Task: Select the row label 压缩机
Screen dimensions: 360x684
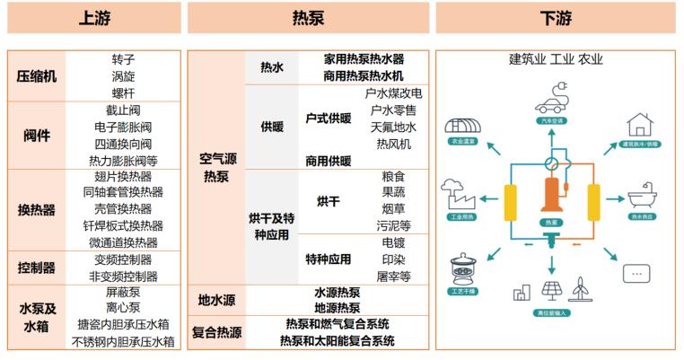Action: [x=37, y=76]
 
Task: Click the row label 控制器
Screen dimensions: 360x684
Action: [x=37, y=268]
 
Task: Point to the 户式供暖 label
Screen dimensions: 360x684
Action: [x=328, y=119]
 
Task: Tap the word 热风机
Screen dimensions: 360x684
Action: [x=393, y=144]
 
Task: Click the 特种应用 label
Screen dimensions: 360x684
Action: [x=328, y=259]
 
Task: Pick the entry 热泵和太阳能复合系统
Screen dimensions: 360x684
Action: [x=337, y=341]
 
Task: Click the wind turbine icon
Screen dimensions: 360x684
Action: [x=582, y=288]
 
